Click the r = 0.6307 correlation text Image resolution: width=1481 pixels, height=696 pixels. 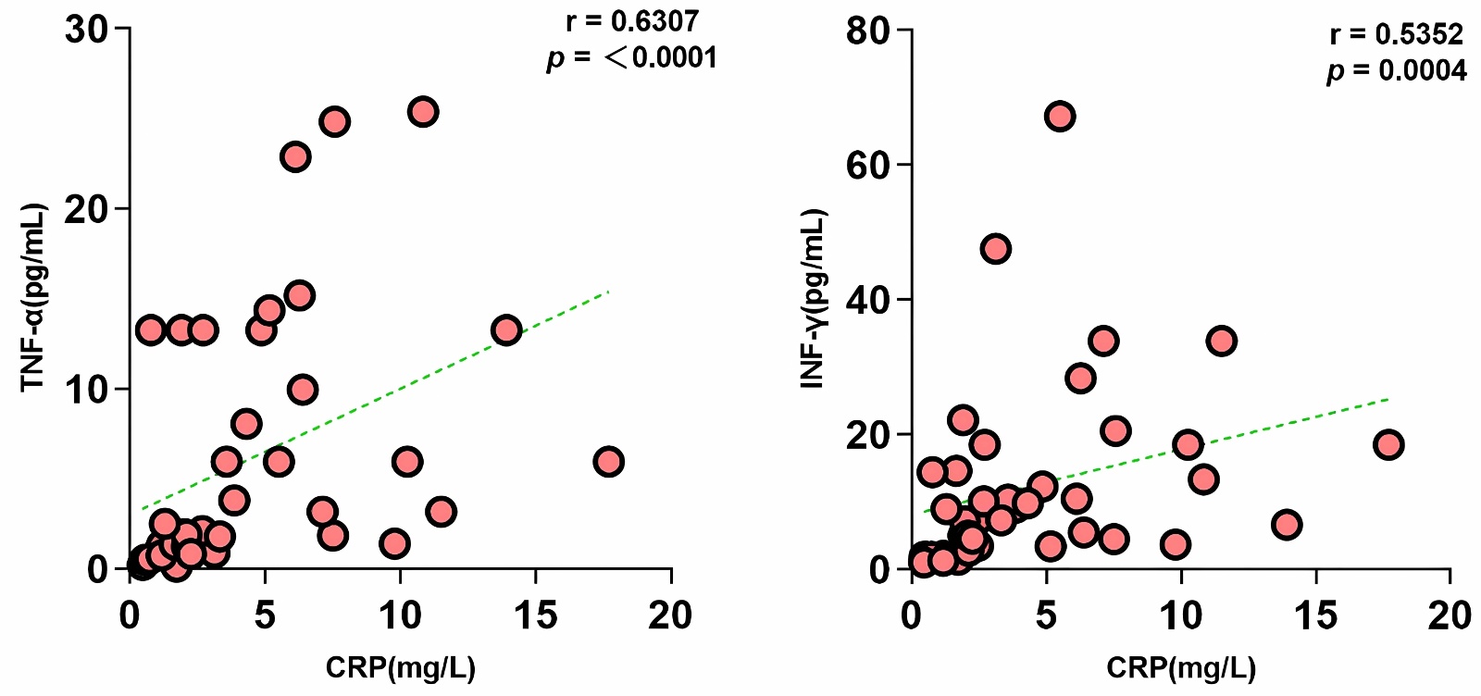click(632, 21)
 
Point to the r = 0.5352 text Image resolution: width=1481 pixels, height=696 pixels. click(1396, 35)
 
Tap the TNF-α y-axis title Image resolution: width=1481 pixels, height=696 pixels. click(33, 298)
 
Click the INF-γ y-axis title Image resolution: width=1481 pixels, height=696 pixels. click(814, 298)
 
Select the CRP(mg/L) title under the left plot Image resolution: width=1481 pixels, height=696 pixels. click(400, 667)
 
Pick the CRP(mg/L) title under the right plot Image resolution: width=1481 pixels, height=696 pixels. click(1181, 667)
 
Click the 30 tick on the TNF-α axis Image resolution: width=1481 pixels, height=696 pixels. click(85, 30)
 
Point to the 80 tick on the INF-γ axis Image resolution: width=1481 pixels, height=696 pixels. click(867, 31)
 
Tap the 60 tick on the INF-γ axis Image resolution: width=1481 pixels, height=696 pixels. click(867, 165)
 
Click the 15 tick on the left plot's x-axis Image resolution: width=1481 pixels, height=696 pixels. click(535, 615)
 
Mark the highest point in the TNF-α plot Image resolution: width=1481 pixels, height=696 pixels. click(423, 112)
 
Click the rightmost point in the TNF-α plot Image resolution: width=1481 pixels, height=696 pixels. click(608, 461)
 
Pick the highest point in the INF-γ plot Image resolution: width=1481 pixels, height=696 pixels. click(1060, 117)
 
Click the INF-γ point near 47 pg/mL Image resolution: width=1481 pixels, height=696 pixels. click(995, 249)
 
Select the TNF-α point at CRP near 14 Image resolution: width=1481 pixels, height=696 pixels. click(505, 329)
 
